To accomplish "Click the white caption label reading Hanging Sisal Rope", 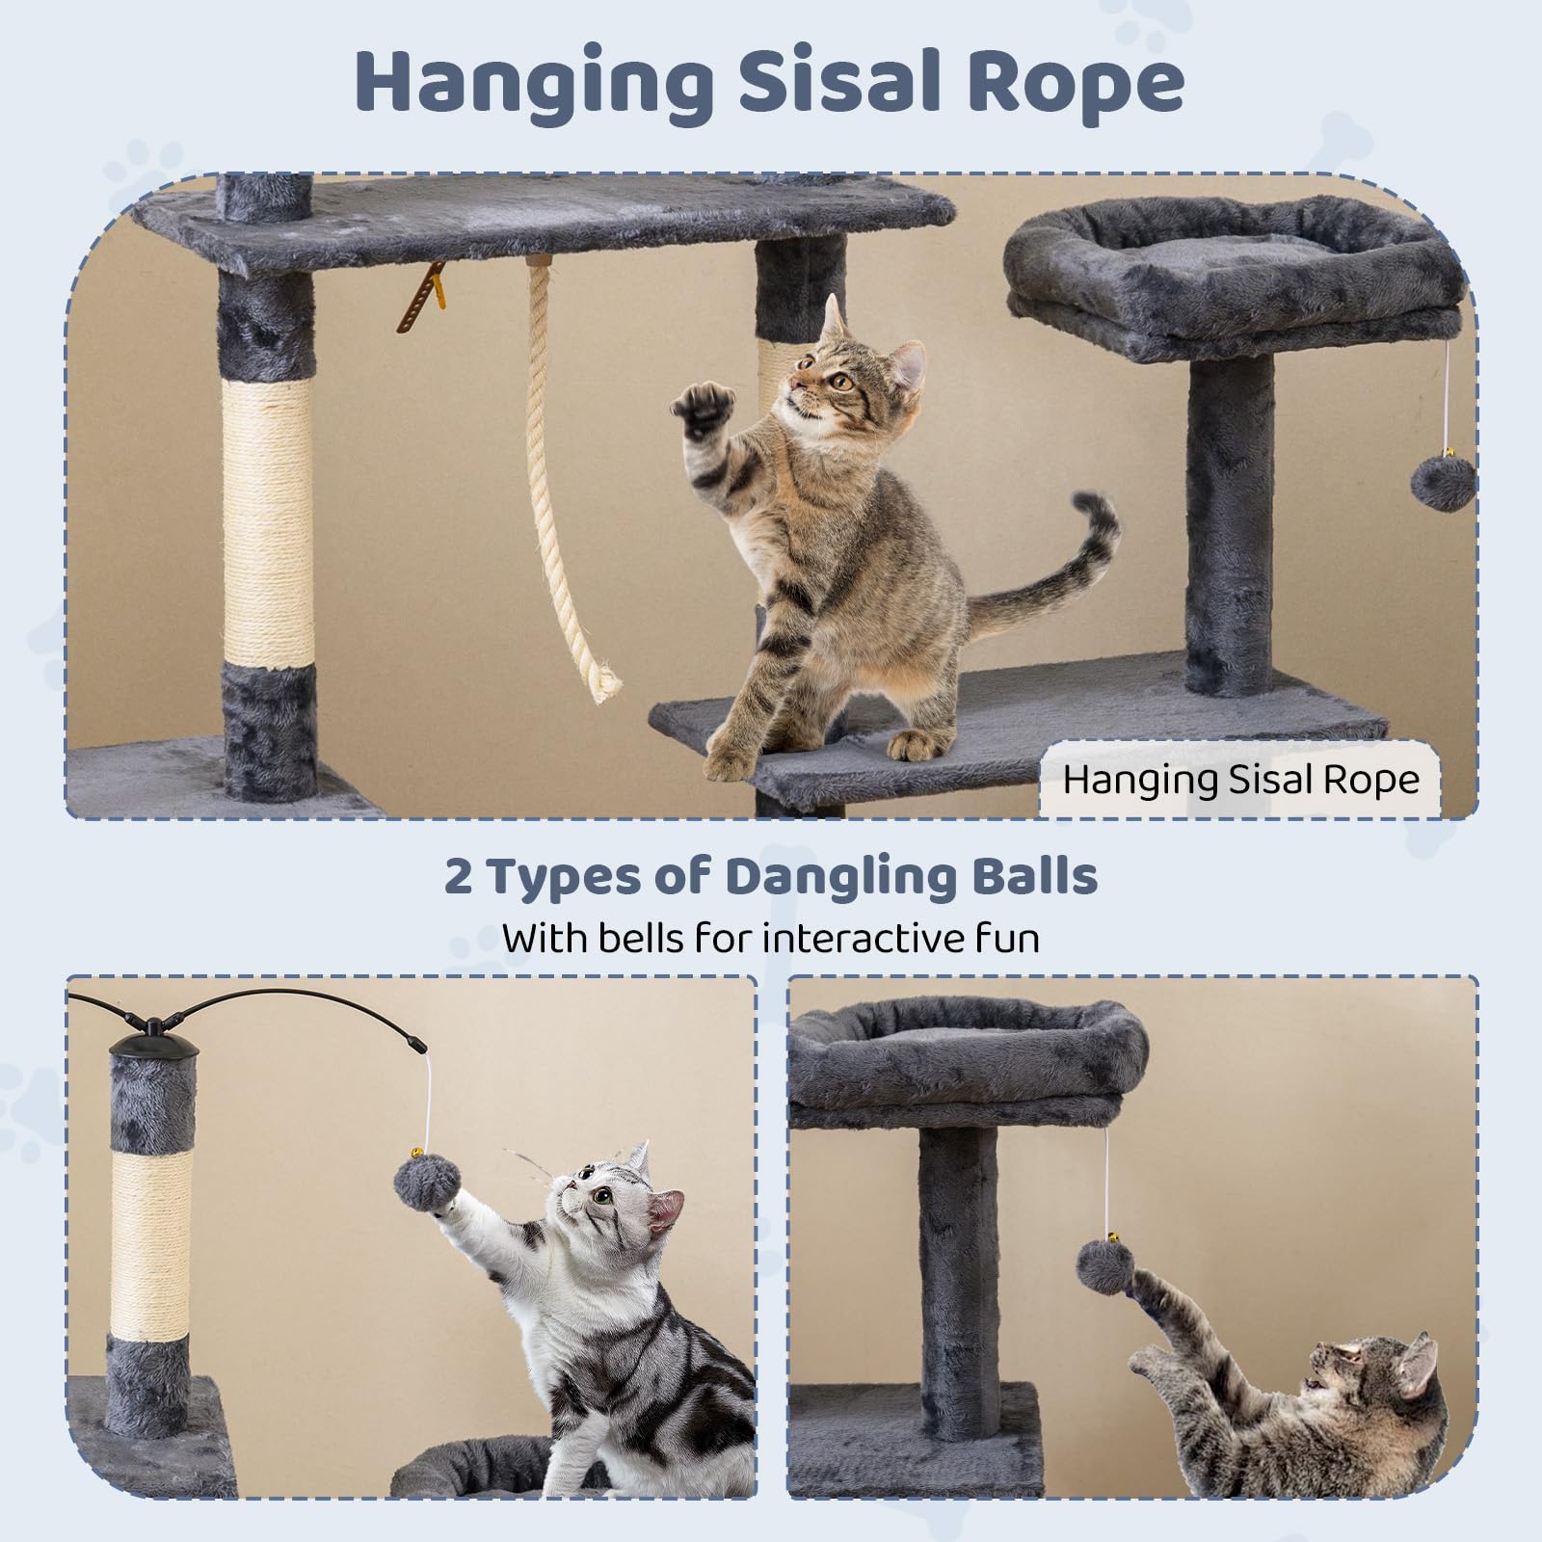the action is (1240, 779).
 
